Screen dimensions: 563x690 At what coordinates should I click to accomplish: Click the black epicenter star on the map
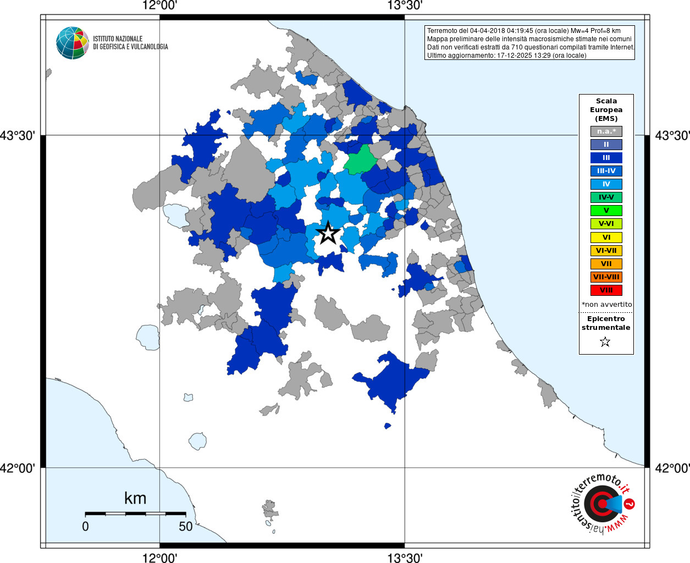pyautogui.click(x=328, y=233)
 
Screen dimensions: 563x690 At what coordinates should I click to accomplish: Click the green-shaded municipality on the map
pyautogui.click(x=361, y=159)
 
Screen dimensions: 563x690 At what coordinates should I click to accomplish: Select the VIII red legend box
pyautogui.click(x=606, y=290)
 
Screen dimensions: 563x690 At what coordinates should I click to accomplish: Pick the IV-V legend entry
pyautogui.click(x=606, y=197)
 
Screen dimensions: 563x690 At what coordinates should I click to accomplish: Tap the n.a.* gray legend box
pyautogui.click(x=606, y=131)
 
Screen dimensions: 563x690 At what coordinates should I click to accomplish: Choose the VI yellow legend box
pyautogui.click(x=606, y=238)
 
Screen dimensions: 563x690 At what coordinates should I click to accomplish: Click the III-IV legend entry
pyautogui.click(x=606, y=171)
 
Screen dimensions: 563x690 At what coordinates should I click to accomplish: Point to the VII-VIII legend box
pyautogui.click(x=606, y=277)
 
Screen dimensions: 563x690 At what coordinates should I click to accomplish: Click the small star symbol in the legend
pyautogui.click(x=605, y=342)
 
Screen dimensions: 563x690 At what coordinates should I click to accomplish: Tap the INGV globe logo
pyautogui.click(x=73, y=43)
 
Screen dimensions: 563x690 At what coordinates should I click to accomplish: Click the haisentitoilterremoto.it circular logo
pyautogui.click(x=602, y=503)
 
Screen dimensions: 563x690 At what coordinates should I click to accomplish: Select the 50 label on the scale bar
pyautogui.click(x=186, y=526)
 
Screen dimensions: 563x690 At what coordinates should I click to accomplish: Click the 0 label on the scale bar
pyautogui.click(x=85, y=526)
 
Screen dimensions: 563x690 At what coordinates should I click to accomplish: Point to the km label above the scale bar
pyautogui.click(x=135, y=498)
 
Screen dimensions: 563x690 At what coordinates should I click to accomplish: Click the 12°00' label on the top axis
pyautogui.click(x=159, y=5)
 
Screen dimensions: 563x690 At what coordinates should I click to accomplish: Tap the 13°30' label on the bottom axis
pyautogui.click(x=405, y=558)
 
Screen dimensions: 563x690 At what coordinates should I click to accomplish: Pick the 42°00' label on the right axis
pyautogui.click(x=672, y=468)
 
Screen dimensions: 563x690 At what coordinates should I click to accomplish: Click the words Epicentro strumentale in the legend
pyautogui.click(x=606, y=323)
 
